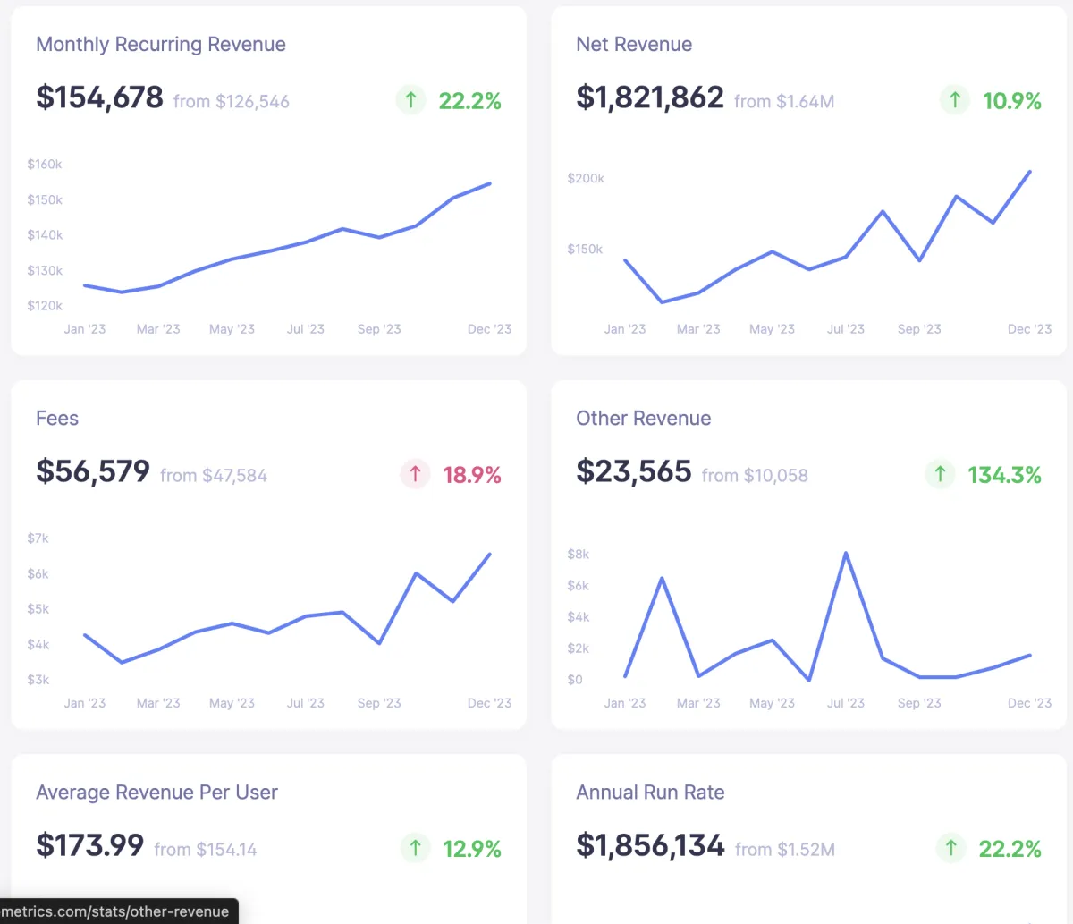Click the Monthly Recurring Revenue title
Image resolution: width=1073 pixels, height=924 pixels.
[x=161, y=45]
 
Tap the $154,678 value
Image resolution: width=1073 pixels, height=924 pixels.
[x=99, y=97]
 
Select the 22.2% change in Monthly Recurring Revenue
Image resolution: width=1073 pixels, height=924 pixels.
[x=469, y=101]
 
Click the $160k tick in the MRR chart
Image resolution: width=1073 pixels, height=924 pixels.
[x=45, y=165]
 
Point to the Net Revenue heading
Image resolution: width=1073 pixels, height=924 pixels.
[x=634, y=45]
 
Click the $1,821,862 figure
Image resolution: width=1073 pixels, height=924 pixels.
[x=650, y=97]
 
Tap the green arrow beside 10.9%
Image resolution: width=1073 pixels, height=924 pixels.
[x=955, y=100]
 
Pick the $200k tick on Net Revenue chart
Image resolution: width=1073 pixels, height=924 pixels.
[x=586, y=179]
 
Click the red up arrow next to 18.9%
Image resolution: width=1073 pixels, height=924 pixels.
[x=415, y=474]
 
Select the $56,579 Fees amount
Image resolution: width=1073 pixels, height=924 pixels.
[x=93, y=471]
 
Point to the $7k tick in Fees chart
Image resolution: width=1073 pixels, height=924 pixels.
[x=38, y=538]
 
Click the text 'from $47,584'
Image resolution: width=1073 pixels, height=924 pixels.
[x=214, y=476]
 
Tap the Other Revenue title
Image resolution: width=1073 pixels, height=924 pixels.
[x=644, y=419]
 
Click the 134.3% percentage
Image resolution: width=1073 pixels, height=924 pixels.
[x=1004, y=475]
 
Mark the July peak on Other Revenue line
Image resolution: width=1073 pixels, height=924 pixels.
[x=846, y=554]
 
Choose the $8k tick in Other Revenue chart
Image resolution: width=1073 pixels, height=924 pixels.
[x=579, y=555]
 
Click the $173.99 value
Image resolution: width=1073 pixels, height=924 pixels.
[x=89, y=845]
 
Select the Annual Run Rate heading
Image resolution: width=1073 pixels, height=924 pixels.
[x=650, y=793]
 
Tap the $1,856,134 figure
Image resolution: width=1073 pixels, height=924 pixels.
[x=650, y=845]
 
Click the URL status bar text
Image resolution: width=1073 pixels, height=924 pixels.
[x=115, y=911]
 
